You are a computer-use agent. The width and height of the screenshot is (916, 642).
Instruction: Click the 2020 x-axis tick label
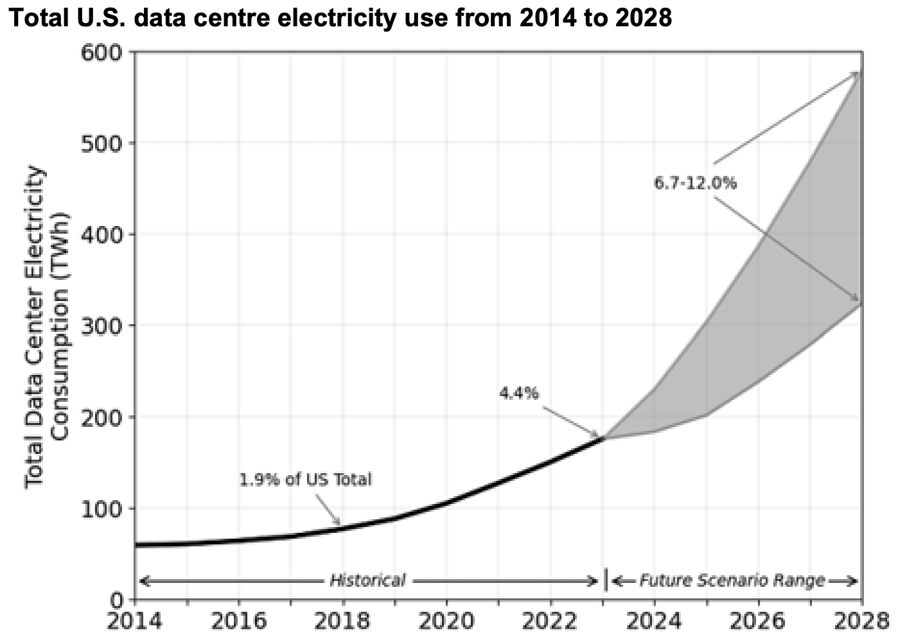pyautogui.click(x=446, y=621)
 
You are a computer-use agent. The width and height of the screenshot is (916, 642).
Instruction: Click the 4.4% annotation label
pyautogui.click(x=519, y=393)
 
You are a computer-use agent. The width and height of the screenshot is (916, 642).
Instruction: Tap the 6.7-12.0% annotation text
pyautogui.click(x=695, y=183)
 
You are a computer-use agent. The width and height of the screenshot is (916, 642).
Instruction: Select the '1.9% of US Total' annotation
pyautogui.click(x=305, y=479)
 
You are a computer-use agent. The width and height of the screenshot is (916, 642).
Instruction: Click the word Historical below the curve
pyautogui.click(x=367, y=581)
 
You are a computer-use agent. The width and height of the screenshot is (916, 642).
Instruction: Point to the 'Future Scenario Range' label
pyautogui.click(x=731, y=581)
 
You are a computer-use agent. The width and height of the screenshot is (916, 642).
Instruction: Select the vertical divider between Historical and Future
pyautogui.click(x=606, y=580)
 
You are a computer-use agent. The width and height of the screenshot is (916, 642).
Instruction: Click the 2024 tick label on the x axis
pyautogui.click(x=654, y=621)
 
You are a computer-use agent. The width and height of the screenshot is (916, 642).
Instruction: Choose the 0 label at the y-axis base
pyautogui.click(x=116, y=600)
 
